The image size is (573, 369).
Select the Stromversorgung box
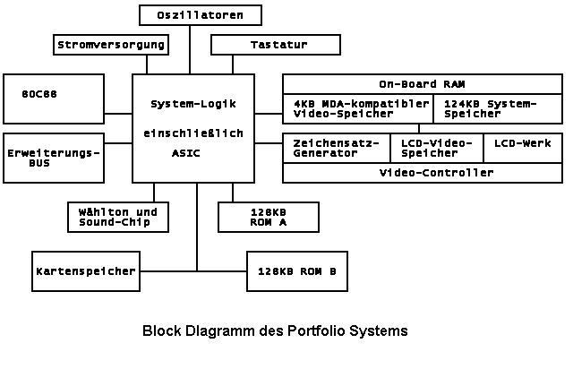click(x=111, y=44)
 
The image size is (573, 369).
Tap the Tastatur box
click(x=275, y=44)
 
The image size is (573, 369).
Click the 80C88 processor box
click(x=54, y=98)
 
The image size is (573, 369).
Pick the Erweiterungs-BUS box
click(x=54, y=159)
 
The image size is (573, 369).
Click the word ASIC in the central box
click(x=185, y=153)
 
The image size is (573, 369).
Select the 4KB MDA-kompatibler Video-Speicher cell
click(x=359, y=109)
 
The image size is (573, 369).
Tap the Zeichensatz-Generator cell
click(x=337, y=148)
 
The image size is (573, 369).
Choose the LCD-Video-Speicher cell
click(x=436, y=148)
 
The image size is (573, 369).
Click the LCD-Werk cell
click(x=522, y=143)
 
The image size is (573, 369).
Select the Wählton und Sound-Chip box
click(x=118, y=216)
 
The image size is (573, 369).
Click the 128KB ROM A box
click(x=268, y=216)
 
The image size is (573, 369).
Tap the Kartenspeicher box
click(x=86, y=270)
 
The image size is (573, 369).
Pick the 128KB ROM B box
click(x=297, y=270)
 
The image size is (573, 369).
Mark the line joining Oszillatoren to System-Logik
click(x=190, y=49)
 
